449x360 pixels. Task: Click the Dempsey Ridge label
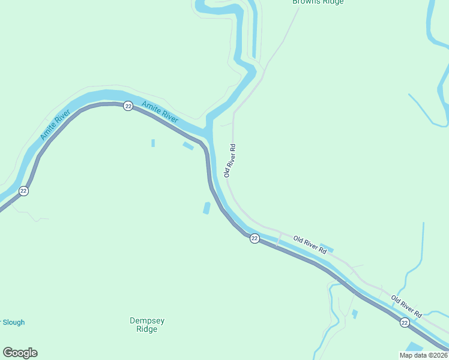pyautogui.click(x=147, y=325)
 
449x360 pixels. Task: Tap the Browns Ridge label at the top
pyautogui.click(x=318, y=2)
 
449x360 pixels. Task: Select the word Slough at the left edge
pyautogui.click(x=13, y=322)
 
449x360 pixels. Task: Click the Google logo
pyautogui.click(x=20, y=353)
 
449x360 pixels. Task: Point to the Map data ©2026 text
pyautogui.click(x=424, y=355)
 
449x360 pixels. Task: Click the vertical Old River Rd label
pyautogui.click(x=229, y=160)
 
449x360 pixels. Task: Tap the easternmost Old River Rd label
pyautogui.click(x=406, y=306)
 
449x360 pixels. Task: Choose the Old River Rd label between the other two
pyautogui.click(x=310, y=245)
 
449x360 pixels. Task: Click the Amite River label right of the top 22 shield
pyautogui.click(x=160, y=112)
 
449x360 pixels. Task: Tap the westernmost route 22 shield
pyautogui.click(x=23, y=191)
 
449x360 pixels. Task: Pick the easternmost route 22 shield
pyautogui.click(x=405, y=323)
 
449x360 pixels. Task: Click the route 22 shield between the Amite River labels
pyautogui.click(x=128, y=106)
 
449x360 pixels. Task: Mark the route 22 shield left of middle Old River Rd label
pyautogui.click(x=255, y=238)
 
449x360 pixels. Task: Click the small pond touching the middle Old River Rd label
pyautogui.click(x=327, y=247)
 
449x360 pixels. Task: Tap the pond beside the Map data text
pyautogui.click(x=414, y=347)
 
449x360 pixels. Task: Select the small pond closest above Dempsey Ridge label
pyautogui.click(x=206, y=208)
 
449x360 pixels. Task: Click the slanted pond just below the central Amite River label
pyautogui.click(x=188, y=145)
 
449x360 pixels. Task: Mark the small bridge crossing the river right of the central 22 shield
pyautogui.click(x=279, y=238)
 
